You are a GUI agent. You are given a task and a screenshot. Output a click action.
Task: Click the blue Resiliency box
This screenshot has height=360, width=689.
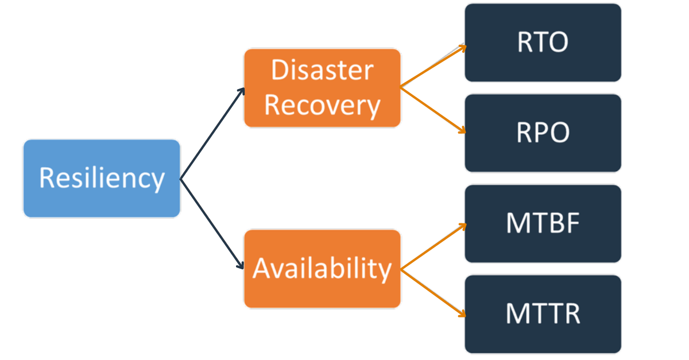click(102, 178)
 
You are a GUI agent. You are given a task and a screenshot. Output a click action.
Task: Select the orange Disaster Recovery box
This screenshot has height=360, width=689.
click(322, 88)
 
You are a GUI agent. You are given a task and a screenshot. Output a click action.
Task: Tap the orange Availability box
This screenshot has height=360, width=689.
click(322, 268)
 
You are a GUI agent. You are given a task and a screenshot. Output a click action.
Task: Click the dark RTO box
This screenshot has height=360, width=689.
click(543, 42)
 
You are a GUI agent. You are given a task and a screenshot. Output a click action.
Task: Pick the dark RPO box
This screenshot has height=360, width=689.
click(543, 133)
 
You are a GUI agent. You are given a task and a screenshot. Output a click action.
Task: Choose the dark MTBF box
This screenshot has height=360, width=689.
click(543, 223)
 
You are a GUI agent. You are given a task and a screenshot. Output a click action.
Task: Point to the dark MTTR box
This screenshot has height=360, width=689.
click(543, 313)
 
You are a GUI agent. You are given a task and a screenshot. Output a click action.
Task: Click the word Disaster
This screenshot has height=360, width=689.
click(322, 71)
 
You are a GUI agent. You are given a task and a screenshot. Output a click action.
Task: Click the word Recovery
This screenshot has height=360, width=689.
click(322, 106)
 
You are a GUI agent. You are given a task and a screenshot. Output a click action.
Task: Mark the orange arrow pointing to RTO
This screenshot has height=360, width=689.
click(433, 66)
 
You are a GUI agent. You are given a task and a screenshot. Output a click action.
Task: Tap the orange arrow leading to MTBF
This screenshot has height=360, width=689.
click(433, 247)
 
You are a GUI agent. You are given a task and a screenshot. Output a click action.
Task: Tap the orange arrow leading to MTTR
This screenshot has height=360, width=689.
click(433, 292)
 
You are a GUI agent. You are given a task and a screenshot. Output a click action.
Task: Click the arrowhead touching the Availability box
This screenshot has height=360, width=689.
click(241, 265)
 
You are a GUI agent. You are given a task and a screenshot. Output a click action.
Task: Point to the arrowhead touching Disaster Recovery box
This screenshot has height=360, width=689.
click(242, 92)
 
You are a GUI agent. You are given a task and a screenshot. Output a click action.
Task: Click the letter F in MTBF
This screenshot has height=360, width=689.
click(572, 223)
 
